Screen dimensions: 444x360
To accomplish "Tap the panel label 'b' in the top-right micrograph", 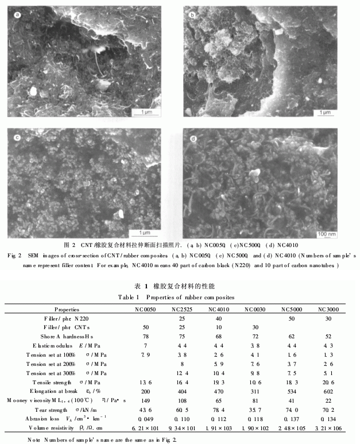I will (193, 13).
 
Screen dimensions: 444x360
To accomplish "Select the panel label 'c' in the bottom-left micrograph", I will (18, 138).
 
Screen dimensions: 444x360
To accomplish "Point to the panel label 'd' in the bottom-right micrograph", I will (192, 138).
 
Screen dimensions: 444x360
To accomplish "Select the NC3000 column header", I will (330, 309).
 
